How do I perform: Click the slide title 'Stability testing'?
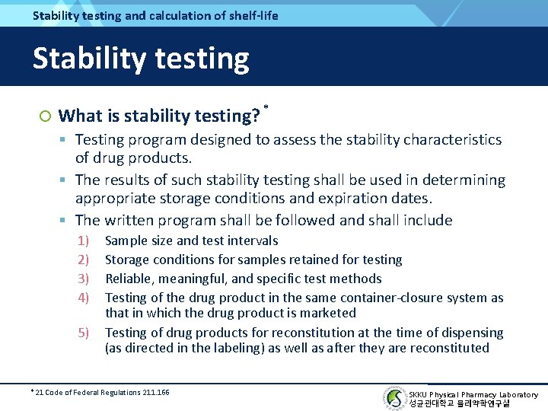click(141, 59)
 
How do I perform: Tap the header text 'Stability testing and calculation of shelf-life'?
click(155, 15)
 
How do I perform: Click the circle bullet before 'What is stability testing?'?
click(45, 116)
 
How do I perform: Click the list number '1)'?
click(84, 241)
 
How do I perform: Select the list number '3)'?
click(84, 279)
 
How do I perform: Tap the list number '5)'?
click(84, 333)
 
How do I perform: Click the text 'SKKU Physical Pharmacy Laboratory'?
click(473, 394)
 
